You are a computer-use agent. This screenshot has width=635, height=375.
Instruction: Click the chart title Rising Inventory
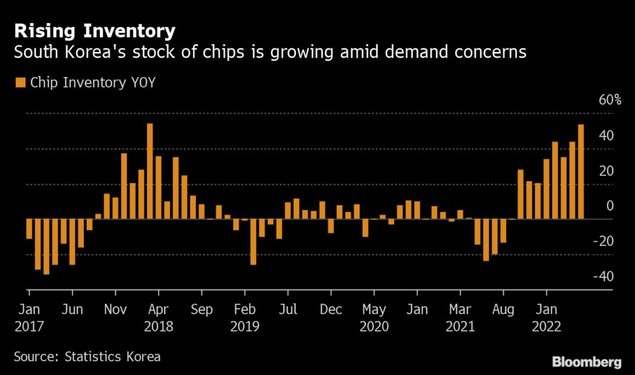95,30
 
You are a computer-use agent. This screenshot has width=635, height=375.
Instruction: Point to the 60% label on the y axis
610,100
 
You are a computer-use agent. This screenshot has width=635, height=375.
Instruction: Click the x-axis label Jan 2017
29,317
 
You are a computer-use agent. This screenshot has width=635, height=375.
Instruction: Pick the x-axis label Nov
115,309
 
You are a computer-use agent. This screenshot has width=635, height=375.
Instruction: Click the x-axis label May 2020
374,317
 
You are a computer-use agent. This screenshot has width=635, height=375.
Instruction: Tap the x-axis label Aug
504,309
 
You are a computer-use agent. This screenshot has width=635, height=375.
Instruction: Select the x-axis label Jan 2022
546,317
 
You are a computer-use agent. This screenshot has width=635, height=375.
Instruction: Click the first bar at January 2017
29,229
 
